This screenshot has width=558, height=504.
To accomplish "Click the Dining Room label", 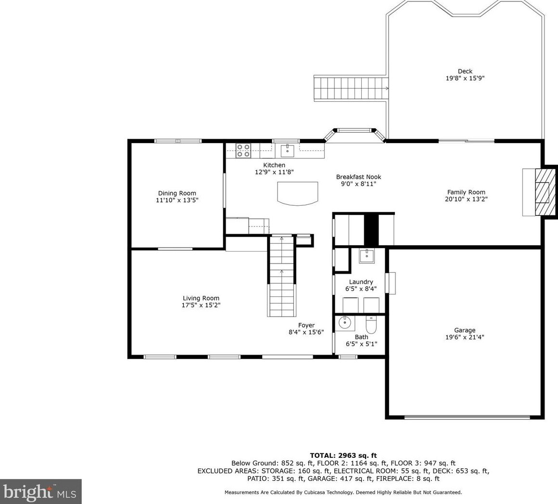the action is click(x=177, y=193).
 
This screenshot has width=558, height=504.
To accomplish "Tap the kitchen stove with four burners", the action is click(x=243, y=150).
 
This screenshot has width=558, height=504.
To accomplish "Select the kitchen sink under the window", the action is click(x=287, y=150).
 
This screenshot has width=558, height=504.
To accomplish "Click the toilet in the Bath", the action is click(x=371, y=324).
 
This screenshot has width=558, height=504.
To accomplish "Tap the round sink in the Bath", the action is click(x=344, y=322).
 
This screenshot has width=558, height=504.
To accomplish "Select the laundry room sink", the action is click(x=367, y=256).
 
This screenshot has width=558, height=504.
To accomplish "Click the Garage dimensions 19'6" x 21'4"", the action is click(x=465, y=337).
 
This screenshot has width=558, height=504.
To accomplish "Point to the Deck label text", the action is click(x=465, y=71).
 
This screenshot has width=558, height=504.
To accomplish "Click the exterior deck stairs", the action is click(x=351, y=88).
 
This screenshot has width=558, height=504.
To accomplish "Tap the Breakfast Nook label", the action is click(x=359, y=177).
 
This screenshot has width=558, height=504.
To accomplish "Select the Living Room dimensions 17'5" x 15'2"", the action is click(x=201, y=305).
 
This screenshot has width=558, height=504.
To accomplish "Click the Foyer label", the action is click(x=306, y=325).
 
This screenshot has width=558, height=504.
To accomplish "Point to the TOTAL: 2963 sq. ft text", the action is click(x=343, y=455).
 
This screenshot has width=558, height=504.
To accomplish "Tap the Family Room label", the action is click(x=466, y=192).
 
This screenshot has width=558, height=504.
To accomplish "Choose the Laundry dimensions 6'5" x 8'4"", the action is click(x=361, y=289).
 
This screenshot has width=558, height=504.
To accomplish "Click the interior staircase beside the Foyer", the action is click(x=282, y=276).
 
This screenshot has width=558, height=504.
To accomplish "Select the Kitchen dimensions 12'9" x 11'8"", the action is click(x=274, y=172).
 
